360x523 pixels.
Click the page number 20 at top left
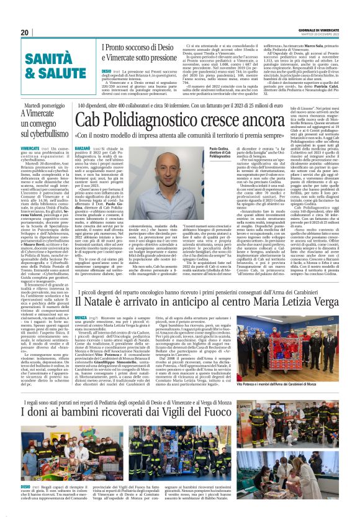tap(25, 32)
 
